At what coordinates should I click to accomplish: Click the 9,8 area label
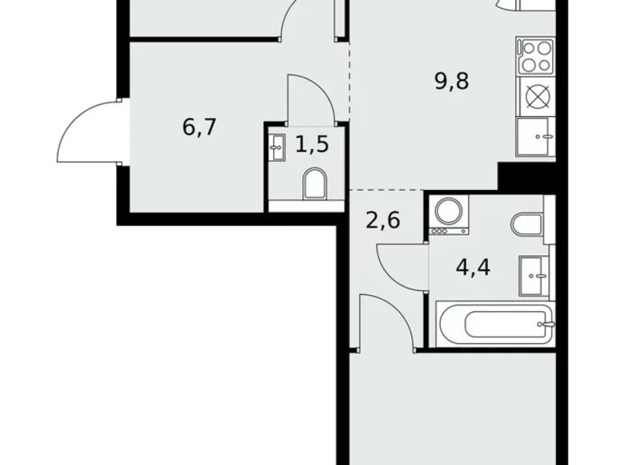451,81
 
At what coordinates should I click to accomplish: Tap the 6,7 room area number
200,127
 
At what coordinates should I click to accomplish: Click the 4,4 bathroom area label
473,265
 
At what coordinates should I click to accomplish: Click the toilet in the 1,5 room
314,184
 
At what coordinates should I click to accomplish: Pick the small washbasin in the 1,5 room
277,147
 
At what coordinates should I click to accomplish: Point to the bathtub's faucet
547,325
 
